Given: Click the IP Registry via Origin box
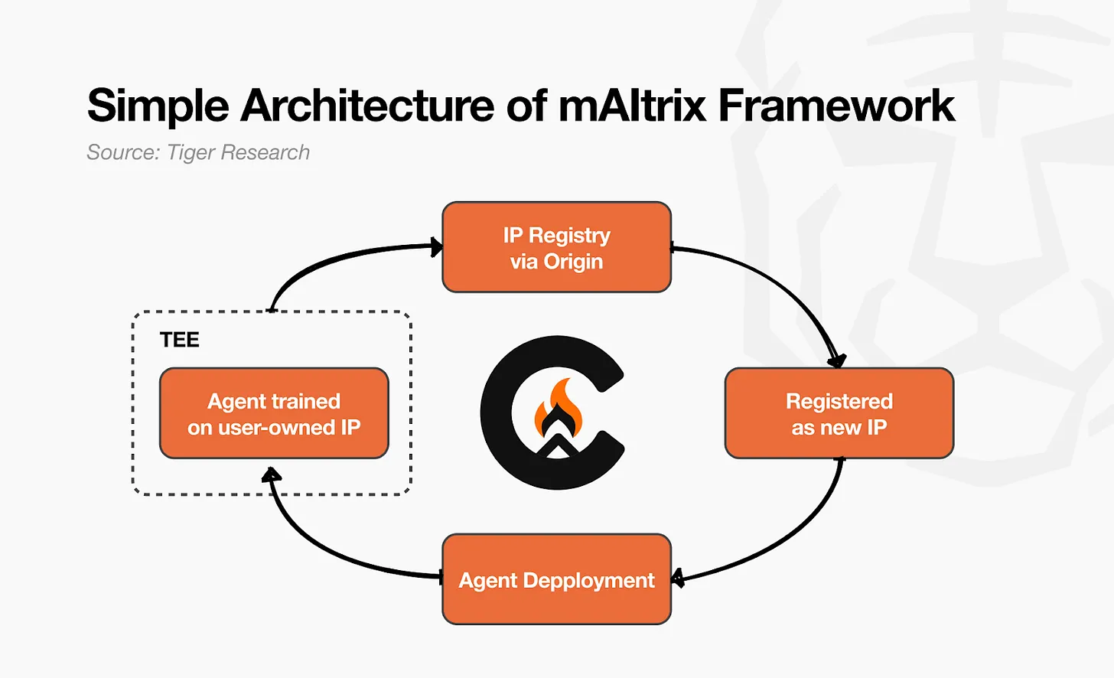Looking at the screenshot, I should pyautogui.click(x=556, y=247).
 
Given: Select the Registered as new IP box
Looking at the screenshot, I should pyautogui.click(x=839, y=413).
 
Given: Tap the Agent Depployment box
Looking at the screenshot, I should pyautogui.click(x=556, y=579).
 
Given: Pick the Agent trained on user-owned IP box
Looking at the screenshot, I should pyautogui.click(x=274, y=413).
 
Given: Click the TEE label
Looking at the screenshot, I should pyautogui.click(x=179, y=340).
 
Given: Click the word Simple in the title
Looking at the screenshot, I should pyautogui.click(x=158, y=106).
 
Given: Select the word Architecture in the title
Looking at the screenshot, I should pyautogui.click(x=367, y=106).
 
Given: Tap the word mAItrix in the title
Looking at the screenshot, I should pyautogui.click(x=632, y=106).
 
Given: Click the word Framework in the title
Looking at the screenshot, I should pyautogui.click(x=836, y=106).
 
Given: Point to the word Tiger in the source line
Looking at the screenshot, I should pyautogui.click(x=191, y=153).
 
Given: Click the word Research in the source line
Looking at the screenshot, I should pyautogui.click(x=265, y=153).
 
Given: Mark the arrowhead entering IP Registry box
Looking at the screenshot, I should pyautogui.click(x=438, y=246).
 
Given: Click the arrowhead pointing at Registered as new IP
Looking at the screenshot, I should pyautogui.click(x=837, y=359).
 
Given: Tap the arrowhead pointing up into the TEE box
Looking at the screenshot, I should pyautogui.click(x=271, y=476).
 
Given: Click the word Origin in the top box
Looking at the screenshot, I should pyautogui.click(x=573, y=262).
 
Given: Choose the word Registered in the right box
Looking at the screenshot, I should pyautogui.click(x=839, y=401).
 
